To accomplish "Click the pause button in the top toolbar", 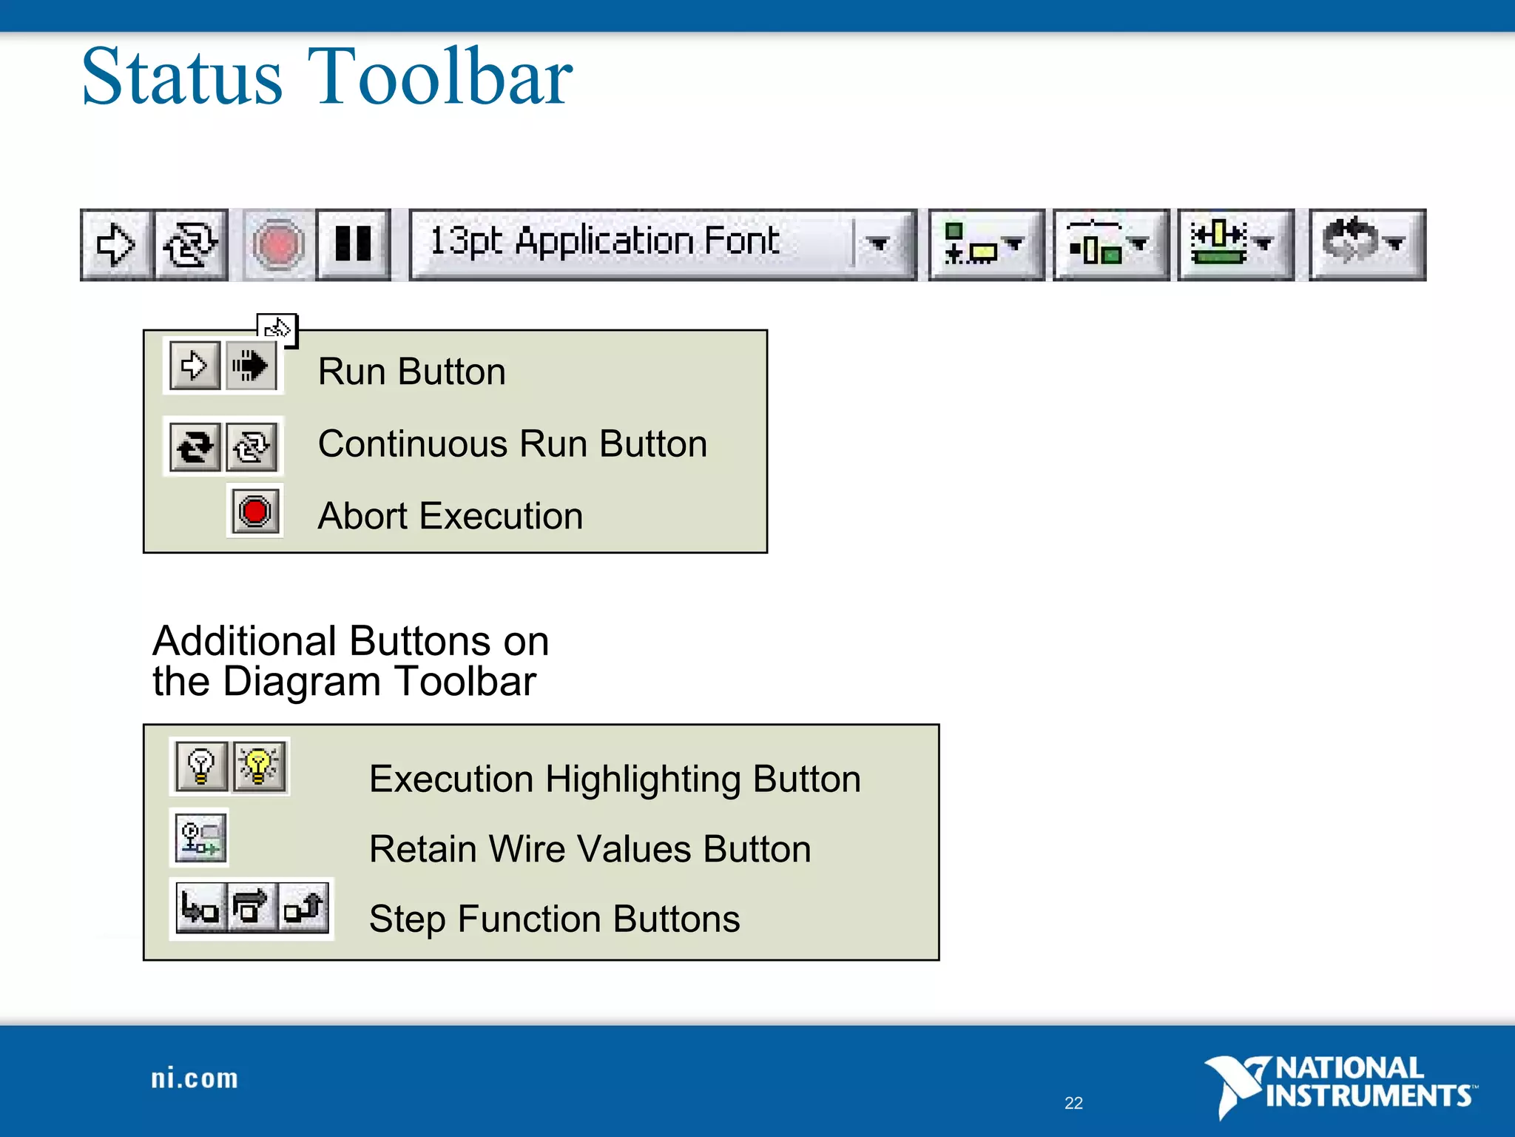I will (x=353, y=244).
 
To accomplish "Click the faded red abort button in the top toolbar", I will (x=277, y=244).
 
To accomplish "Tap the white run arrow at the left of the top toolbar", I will (x=116, y=244).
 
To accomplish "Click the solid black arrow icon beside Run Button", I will (x=250, y=366).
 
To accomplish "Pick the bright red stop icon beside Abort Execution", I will (x=255, y=512).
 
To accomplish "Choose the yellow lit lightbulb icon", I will (x=259, y=766).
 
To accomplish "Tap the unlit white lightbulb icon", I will (x=200, y=766).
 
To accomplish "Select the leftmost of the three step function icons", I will (x=200, y=908).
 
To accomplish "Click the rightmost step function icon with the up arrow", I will (x=304, y=908).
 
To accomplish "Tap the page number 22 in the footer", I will (x=1073, y=1103).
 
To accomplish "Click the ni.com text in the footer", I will (x=195, y=1079).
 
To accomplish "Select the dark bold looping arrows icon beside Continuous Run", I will (x=195, y=447).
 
